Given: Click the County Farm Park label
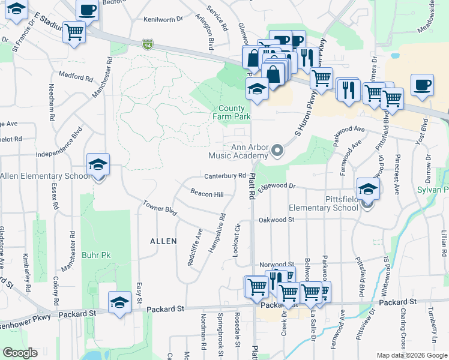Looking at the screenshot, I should [x=234, y=112].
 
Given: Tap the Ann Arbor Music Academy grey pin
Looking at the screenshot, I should [x=277, y=151].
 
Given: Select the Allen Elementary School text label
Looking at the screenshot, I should [x=45, y=176].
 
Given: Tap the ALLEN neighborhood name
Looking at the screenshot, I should [x=163, y=241].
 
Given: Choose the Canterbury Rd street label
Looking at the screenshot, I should [x=225, y=176].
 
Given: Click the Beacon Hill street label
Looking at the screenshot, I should [x=206, y=193].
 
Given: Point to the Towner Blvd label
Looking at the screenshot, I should [x=160, y=208].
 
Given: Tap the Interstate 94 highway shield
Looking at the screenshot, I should [x=148, y=44].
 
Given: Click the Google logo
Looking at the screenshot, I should [x=20, y=353].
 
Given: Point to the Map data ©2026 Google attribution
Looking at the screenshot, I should [x=411, y=355].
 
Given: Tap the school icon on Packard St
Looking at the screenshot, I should [x=119, y=302].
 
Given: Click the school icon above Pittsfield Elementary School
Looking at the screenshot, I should [x=368, y=188].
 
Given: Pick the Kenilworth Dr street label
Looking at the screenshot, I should [x=163, y=19].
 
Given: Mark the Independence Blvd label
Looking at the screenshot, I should [x=59, y=145].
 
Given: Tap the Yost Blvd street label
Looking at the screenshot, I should [x=424, y=130].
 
